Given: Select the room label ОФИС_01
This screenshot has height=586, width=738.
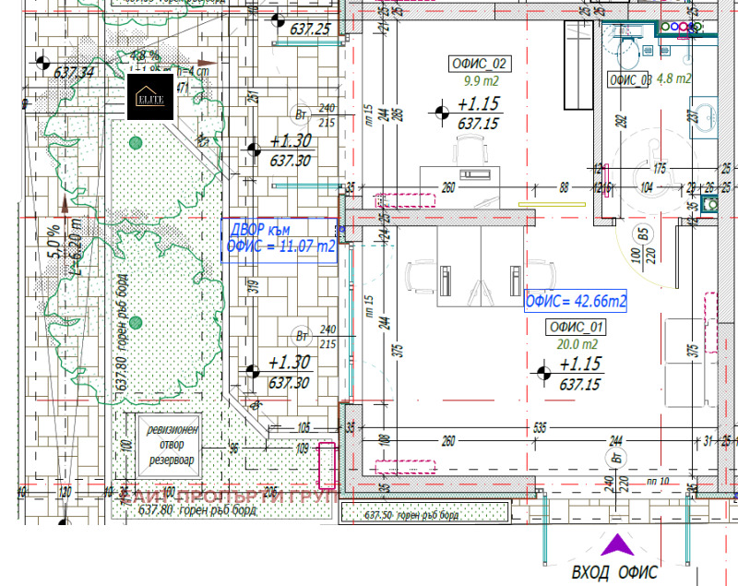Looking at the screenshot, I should click(576, 327).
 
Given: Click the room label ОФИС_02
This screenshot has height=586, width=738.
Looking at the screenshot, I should click(478, 64).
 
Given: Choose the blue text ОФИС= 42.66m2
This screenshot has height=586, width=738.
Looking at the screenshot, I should click(576, 301).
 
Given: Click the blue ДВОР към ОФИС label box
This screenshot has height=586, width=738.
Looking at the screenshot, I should click(280, 239).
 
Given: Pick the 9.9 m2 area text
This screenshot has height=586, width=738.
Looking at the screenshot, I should click(478, 80).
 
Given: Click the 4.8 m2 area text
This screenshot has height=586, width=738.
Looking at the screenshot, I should click(673, 79).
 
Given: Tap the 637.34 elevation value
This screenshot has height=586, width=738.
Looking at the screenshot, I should click(75, 72).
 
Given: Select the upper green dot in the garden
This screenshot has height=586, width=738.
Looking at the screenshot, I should click(137, 142).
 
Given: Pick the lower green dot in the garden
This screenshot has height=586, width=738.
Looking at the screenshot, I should click(136, 322).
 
